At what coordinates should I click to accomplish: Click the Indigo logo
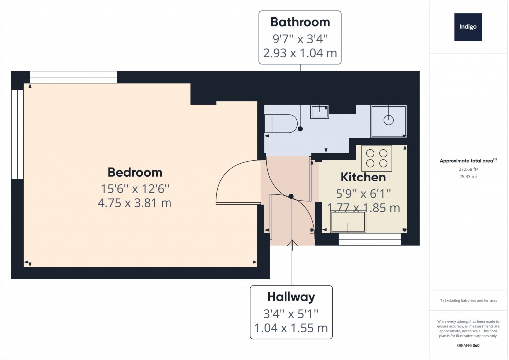(468, 27)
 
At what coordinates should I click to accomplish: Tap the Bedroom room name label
(135, 172)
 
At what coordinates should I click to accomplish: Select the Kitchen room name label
(363, 177)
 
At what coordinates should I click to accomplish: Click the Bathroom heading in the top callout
(300, 22)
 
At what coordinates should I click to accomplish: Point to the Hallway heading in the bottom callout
(291, 297)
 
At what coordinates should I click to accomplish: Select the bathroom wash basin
(319, 112)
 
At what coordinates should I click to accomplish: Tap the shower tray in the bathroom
(389, 121)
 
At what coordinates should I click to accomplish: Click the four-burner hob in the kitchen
(376, 158)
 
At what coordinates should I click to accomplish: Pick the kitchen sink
(348, 222)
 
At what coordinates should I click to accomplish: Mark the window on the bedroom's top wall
(74, 77)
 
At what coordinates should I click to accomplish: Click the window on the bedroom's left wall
(17, 134)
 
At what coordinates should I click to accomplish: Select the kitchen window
(369, 240)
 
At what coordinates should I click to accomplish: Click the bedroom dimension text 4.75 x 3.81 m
(135, 203)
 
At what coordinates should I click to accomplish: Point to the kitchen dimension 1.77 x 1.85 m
(363, 208)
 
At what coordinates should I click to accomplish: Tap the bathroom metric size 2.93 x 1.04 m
(300, 53)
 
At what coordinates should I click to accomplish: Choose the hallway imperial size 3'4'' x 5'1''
(291, 314)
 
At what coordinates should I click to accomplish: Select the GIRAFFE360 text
(467, 345)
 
